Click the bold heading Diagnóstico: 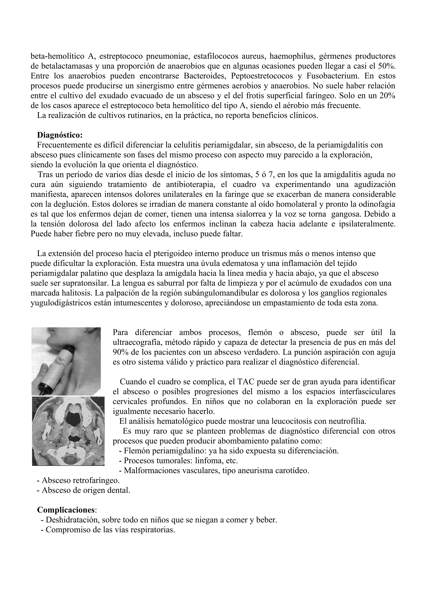coord(60,135)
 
